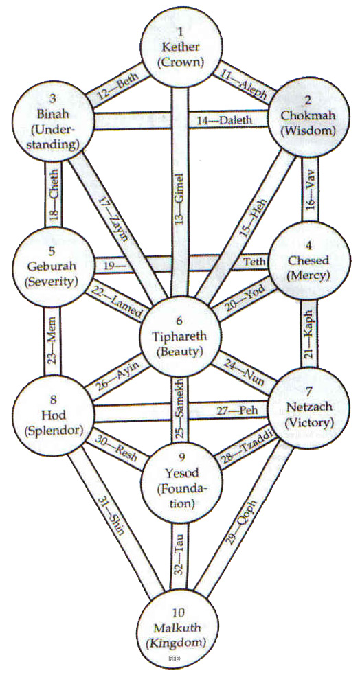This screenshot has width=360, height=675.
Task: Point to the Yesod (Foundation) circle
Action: pos(183,481)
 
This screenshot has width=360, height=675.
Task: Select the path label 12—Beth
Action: pos(115,86)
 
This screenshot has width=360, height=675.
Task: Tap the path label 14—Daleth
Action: pos(225,121)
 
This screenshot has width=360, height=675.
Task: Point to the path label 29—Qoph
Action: pos(243,523)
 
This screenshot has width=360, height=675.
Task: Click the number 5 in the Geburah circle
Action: pos(52,250)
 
